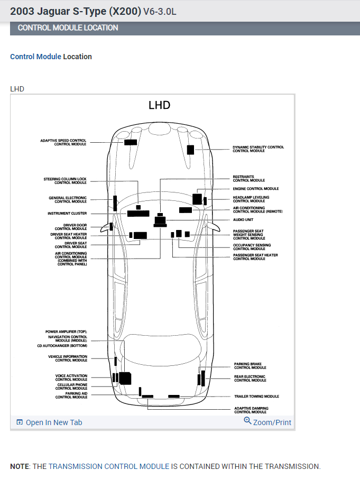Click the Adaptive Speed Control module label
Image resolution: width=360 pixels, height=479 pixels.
tap(63, 142)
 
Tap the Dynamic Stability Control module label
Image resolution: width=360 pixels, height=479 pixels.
tap(258, 149)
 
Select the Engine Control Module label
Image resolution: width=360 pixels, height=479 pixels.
tap(256, 189)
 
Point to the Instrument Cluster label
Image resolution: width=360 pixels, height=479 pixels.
tap(67, 214)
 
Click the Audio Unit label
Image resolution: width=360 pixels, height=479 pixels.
tap(243, 220)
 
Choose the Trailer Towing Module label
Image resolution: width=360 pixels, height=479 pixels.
tap(256, 397)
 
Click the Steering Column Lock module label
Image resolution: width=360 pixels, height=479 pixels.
tap(65, 181)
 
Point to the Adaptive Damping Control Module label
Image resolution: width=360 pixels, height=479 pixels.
tap(251, 410)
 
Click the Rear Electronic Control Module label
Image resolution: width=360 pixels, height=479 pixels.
tap(250, 379)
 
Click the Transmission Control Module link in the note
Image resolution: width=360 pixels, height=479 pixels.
tap(109, 466)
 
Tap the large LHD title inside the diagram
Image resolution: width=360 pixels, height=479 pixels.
tap(159, 105)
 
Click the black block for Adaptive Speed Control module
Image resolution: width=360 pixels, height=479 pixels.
tap(131, 142)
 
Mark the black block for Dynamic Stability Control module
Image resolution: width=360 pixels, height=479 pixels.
tap(190, 150)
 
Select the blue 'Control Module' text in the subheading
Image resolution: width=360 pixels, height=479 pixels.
tap(35, 57)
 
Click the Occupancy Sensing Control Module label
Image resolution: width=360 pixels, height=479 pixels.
tap(252, 247)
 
